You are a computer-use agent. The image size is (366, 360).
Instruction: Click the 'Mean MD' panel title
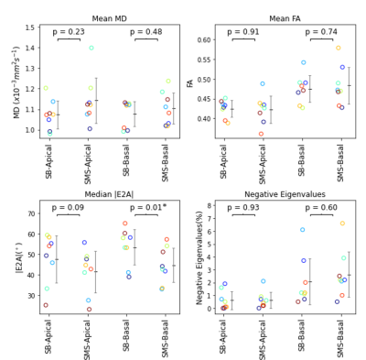(109, 19)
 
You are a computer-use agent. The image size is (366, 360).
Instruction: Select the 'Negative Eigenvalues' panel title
(285, 194)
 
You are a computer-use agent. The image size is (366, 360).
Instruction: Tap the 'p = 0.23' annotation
(69, 32)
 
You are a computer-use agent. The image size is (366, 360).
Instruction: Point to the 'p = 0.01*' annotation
(148, 208)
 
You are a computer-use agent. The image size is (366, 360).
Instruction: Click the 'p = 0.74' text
(321, 32)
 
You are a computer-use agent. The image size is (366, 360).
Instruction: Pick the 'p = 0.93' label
(243, 208)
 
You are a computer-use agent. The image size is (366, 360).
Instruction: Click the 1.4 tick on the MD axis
(29, 48)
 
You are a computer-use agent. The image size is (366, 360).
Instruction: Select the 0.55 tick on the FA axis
(204, 60)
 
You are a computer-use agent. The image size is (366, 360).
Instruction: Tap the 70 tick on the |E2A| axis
(31, 213)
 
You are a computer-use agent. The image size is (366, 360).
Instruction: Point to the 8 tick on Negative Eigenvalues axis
(210, 206)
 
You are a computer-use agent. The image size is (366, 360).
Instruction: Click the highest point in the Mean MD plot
(91, 48)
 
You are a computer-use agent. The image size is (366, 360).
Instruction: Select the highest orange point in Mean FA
(339, 48)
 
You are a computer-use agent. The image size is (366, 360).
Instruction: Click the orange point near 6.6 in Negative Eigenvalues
(342, 224)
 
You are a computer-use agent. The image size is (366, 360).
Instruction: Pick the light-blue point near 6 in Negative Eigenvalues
(302, 230)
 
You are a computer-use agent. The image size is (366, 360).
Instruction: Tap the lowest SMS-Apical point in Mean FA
(261, 134)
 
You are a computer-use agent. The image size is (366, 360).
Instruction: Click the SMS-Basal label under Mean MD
(165, 163)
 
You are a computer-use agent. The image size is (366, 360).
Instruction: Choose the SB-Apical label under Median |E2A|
(48, 337)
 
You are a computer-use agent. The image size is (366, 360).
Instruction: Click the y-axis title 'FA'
(190, 83)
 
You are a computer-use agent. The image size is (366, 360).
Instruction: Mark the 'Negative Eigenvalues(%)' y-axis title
(199, 257)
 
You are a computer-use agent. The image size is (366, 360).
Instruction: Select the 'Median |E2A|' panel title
(109, 194)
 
